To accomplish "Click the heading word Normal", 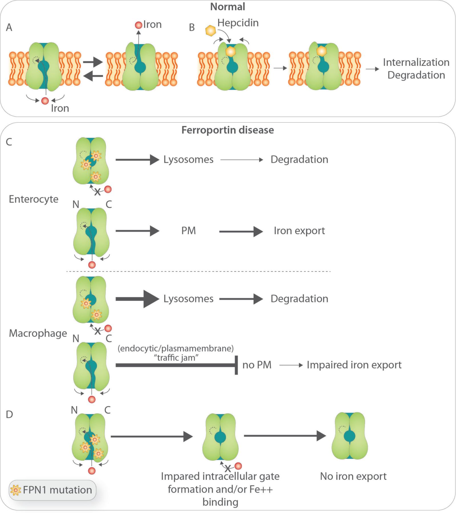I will (227, 7).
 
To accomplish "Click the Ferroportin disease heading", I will (227, 130).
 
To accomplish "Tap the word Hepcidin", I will (238, 23).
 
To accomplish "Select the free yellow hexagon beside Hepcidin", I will (211, 30).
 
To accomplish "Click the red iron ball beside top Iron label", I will (138, 25).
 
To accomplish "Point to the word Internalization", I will (416, 62).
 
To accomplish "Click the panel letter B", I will (192, 27).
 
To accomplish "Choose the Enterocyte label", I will (33, 199).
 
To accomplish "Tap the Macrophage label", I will (38, 333).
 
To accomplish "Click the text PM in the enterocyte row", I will (188, 231).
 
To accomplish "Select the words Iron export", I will (299, 231).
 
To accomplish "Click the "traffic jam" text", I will (176, 358).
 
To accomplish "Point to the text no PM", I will (257, 365).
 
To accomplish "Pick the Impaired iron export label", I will (354, 365).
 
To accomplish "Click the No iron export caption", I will (353, 476).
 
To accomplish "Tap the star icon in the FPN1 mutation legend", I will (16, 490).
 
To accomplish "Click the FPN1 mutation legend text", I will (57, 490).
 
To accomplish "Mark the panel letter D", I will (9, 414).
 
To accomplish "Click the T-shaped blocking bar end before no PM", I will (236, 365).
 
